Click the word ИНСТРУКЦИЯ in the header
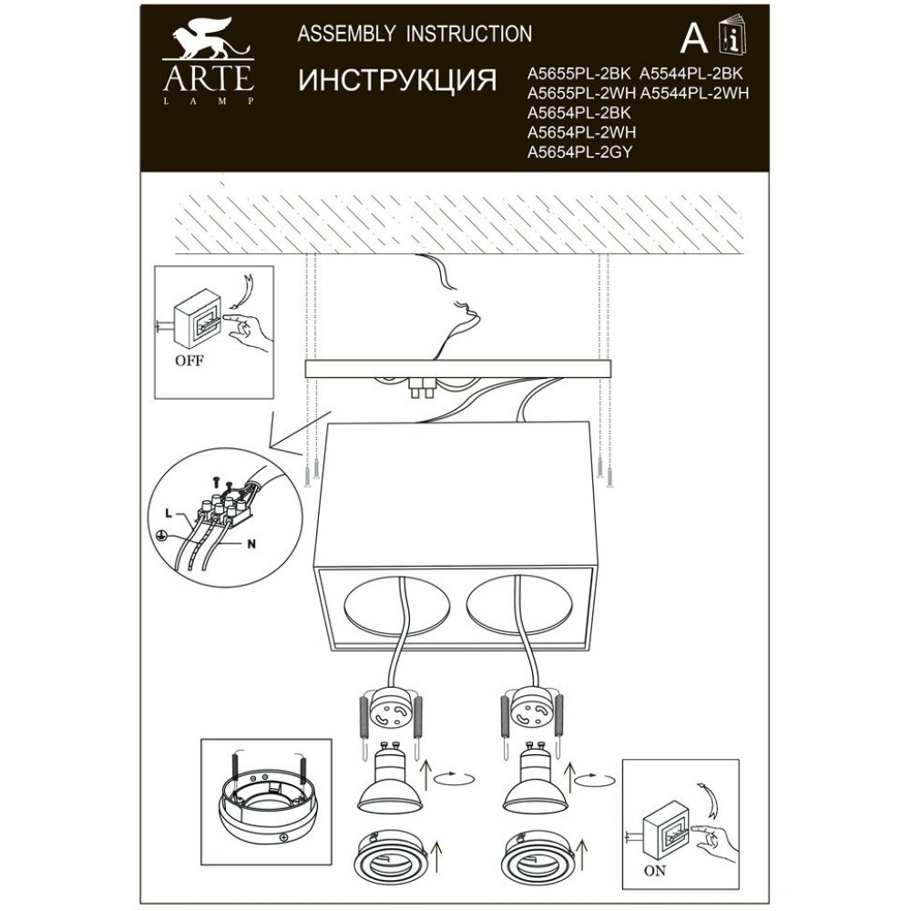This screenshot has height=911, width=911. coord(398,80)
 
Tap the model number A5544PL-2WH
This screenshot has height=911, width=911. coord(693,93)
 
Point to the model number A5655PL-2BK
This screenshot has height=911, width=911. coord(578,74)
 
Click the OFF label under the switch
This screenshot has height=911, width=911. coord(189,361)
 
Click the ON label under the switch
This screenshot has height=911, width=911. coord(655,871)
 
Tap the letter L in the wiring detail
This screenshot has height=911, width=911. coord(168,514)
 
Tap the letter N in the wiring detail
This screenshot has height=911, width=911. coord(251,545)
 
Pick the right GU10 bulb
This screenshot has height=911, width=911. coord(535,777)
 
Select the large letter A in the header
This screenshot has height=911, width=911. coord(694,39)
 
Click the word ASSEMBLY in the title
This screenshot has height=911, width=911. coord(347,34)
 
